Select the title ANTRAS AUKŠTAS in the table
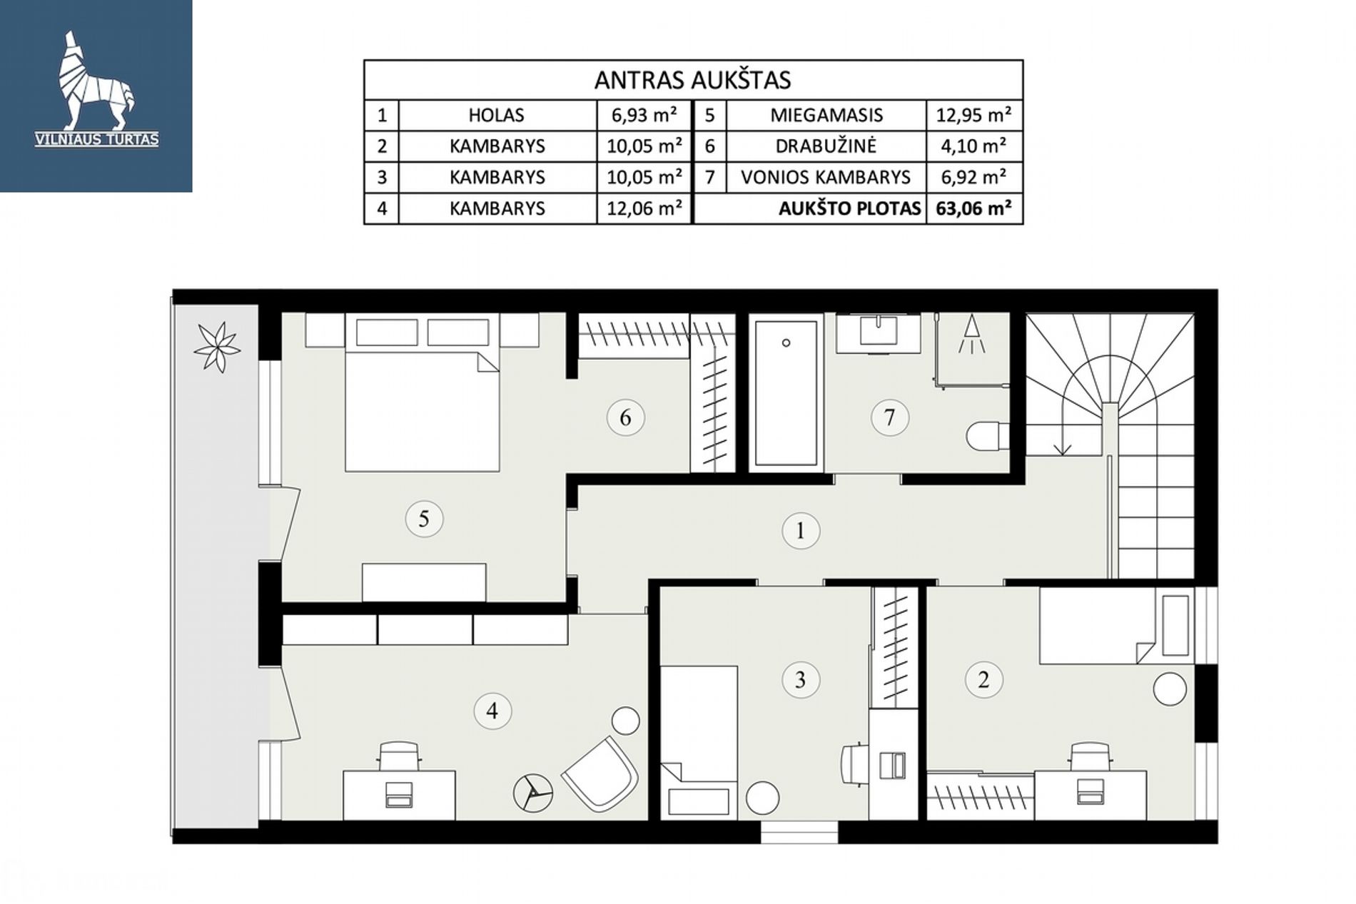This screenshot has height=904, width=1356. (x=692, y=80)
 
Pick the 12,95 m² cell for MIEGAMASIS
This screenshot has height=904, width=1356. (x=973, y=115)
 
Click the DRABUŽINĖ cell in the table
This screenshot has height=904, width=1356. (x=826, y=146)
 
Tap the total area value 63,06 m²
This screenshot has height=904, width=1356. (x=973, y=208)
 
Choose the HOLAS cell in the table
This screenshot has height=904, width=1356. (x=497, y=115)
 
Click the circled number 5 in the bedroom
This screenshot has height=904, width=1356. (x=424, y=518)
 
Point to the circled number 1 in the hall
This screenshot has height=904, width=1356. (x=800, y=531)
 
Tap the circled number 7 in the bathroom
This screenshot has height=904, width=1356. (x=889, y=417)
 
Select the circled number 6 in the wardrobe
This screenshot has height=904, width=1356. (x=625, y=417)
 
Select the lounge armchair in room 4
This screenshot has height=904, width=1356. (x=599, y=774)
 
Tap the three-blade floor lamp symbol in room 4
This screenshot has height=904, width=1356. (x=533, y=793)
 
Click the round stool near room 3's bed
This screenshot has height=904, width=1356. (x=762, y=798)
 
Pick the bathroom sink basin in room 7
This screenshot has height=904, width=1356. (x=878, y=331)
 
